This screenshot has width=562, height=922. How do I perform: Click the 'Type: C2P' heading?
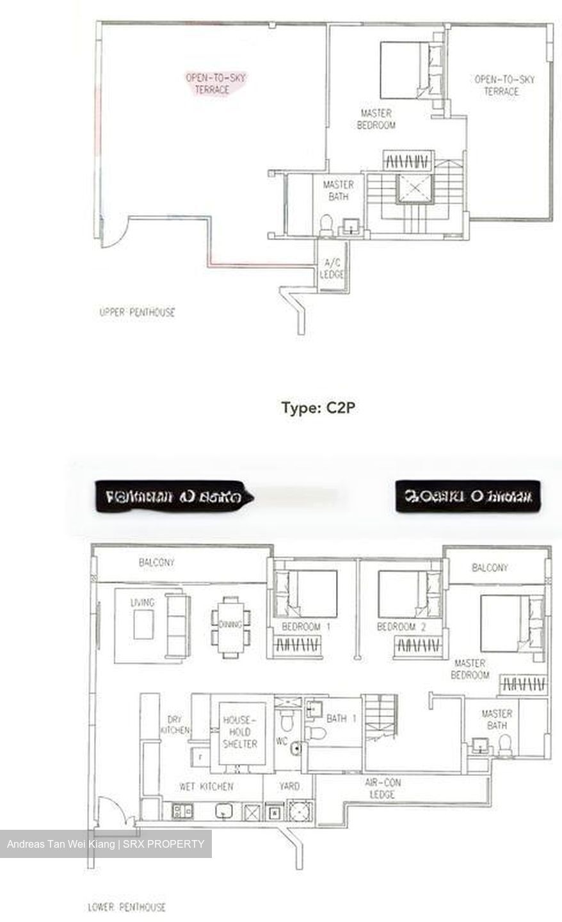(x=318, y=408)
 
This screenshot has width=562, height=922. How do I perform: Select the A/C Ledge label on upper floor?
(x=332, y=268)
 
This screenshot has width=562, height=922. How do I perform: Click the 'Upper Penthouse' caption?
(x=137, y=312)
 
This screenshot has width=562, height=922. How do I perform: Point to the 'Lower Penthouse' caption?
(x=127, y=907)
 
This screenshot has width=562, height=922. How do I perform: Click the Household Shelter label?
(x=239, y=732)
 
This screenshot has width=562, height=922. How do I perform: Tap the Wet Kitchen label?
(x=205, y=786)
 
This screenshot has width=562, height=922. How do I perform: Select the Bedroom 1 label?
(x=305, y=627)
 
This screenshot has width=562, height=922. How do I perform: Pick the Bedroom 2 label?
(x=401, y=627)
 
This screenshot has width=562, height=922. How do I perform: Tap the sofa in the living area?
(x=177, y=625)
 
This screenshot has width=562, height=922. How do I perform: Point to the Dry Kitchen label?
(x=174, y=724)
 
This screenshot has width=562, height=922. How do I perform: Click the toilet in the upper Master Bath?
(x=326, y=225)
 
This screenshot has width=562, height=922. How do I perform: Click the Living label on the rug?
(x=142, y=603)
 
